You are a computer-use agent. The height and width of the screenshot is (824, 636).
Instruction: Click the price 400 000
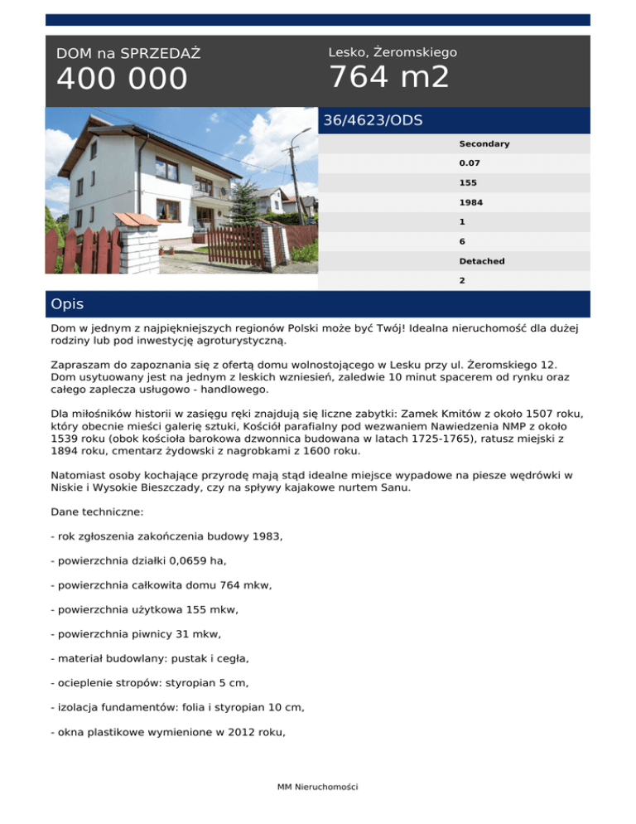[x=123, y=80]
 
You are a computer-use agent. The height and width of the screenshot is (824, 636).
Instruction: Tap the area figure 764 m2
[x=389, y=77]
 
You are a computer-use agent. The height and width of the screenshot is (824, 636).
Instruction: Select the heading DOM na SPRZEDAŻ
[x=128, y=54]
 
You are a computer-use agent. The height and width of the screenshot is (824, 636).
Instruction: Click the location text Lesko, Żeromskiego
[x=393, y=52]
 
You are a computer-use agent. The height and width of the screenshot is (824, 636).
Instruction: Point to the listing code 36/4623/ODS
[x=373, y=120]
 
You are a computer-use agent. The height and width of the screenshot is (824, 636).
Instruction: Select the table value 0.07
[x=469, y=162]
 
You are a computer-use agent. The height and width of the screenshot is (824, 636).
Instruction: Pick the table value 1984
[x=471, y=201]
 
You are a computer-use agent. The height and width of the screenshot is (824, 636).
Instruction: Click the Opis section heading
[x=67, y=304]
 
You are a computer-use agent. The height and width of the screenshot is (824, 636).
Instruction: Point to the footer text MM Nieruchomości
[x=317, y=786]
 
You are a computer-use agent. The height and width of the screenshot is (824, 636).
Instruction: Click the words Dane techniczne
[x=97, y=513]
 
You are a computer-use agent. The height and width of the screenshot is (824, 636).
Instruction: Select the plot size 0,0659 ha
[x=195, y=561]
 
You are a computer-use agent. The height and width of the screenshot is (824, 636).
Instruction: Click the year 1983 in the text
[x=265, y=537]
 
